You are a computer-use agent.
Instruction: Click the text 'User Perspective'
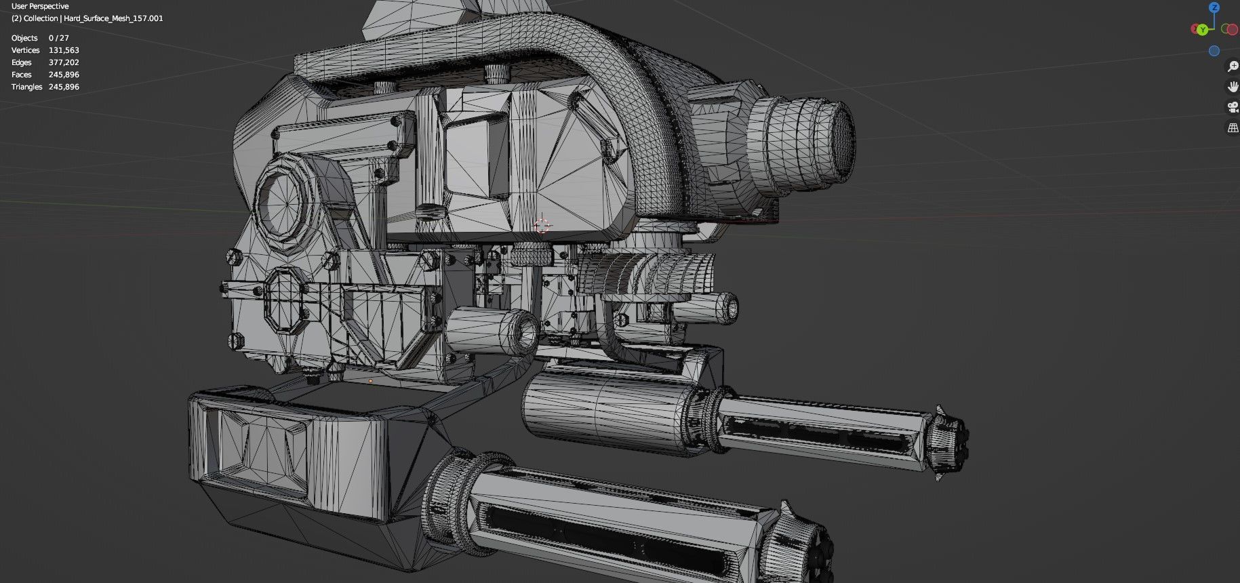coord(40,6)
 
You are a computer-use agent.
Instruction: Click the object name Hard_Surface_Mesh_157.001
coord(113,18)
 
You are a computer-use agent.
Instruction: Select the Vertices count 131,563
coord(64,50)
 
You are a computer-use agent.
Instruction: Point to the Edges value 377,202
coord(64,62)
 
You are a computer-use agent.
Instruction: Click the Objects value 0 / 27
coord(58,38)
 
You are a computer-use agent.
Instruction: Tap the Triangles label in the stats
coord(26,87)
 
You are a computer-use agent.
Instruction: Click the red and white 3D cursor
coord(542,226)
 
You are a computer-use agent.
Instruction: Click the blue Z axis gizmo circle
coord(1214,7)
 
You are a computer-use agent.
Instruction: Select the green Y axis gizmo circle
coord(1202,30)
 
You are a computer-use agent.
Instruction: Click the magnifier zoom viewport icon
coord(1233,66)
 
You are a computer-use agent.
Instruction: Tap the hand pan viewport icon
coord(1233,87)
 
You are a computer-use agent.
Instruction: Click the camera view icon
coord(1233,107)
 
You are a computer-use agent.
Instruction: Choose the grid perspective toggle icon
coord(1233,127)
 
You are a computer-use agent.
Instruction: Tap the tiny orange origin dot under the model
coord(370,381)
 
